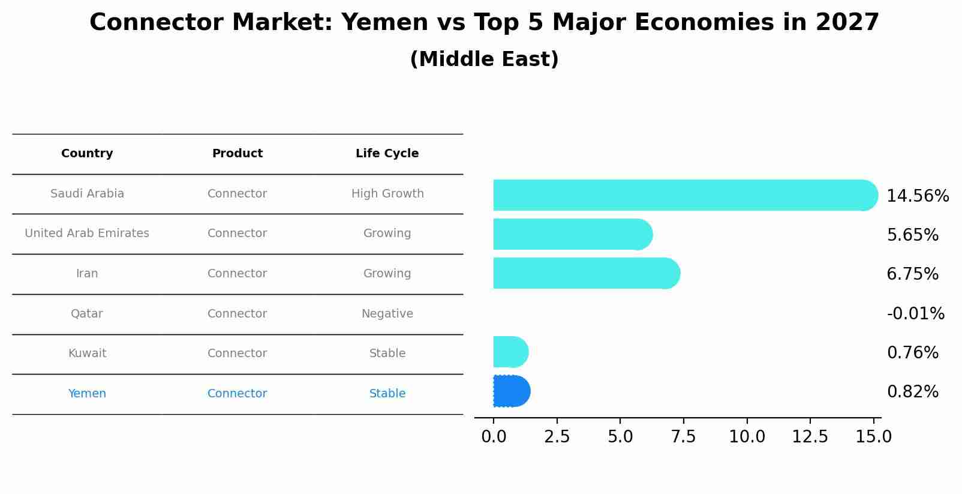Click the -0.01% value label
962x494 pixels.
(x=915, y=313)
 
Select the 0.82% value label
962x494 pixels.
(x=912, y=392)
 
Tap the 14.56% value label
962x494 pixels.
(x=918, y=196)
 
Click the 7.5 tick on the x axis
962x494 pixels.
(x=683, y=437)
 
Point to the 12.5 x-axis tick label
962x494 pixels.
(x=810, y=437)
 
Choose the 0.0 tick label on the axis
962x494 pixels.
(x=494, y=437)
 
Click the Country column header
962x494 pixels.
(x=87, y=154)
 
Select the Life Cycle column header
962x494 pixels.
(x=387, y=154)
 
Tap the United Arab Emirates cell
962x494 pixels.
(x=87, y=233)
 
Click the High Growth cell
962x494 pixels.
(x=387, y=194)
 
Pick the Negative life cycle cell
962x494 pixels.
(x=387, y=314)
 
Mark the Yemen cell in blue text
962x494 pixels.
(x=87, y=394)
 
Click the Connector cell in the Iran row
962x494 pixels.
(x=237, y=274)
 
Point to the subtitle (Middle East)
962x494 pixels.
(x=484, y=59)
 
